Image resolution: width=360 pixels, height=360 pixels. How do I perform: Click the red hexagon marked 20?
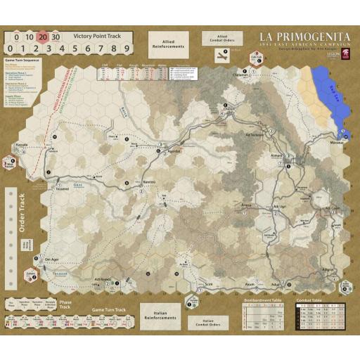point(44,37)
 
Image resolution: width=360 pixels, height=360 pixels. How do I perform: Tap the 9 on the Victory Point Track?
point(126,49)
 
